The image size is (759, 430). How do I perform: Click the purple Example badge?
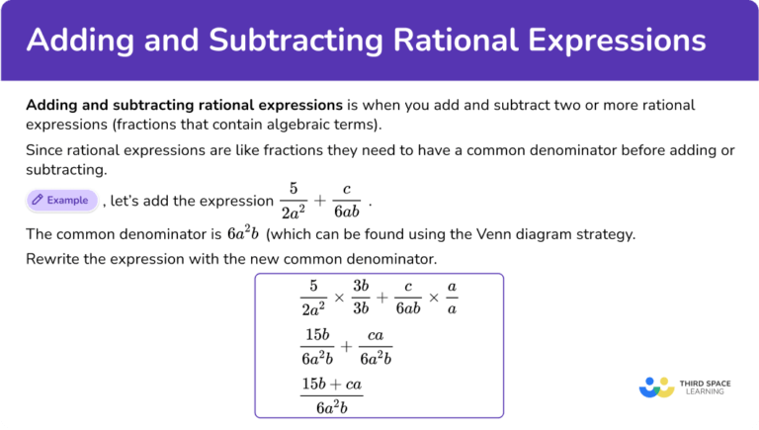click(61, 200)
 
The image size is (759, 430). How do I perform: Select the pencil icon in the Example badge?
click(38, 200)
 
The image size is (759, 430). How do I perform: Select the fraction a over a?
click(452, 298)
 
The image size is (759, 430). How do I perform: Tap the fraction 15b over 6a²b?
click(318, 346)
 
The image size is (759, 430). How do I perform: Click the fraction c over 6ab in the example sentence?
click(346, 202)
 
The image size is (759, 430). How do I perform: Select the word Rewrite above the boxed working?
click(53, 259)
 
